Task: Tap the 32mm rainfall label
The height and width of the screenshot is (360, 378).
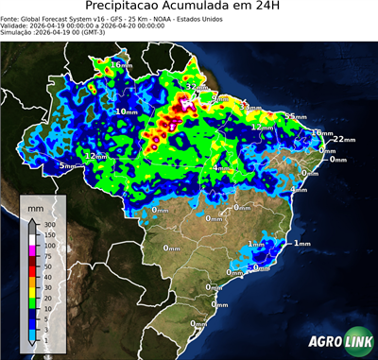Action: [x=196, y=87]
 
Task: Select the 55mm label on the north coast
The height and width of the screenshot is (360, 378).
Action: [x=295, y=116]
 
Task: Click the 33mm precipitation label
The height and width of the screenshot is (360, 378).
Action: [x=251, y=108]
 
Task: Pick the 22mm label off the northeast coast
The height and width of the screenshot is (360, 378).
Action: [x=343, y=139]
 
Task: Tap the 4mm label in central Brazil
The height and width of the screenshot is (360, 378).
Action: [x=219, y=168]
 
